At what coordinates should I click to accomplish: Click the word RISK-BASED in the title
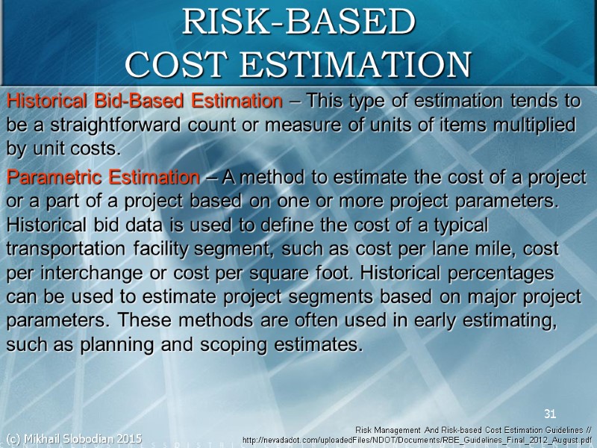[298, 22]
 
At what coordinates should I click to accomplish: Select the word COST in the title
[175, 64]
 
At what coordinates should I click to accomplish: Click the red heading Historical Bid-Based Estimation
[144, 100]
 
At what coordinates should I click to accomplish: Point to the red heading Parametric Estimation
[103, 178]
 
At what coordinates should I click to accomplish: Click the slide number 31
[551, 414]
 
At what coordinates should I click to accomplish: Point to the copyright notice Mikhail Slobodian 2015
[73, 438]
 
